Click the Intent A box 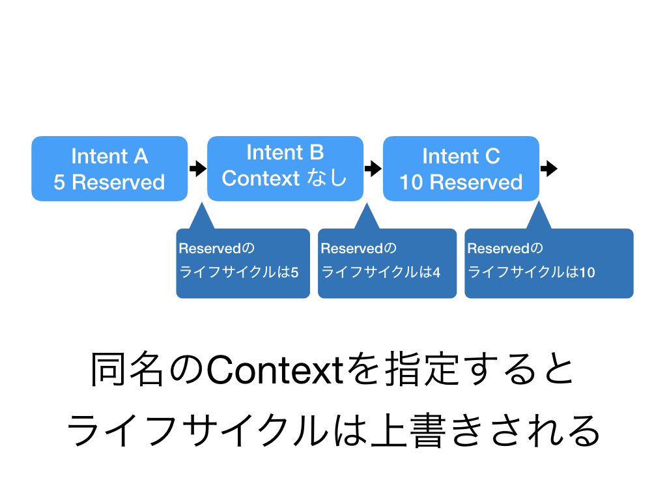pos(109,169)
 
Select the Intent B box pos(285,168)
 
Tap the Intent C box pos(461,169)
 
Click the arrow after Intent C pos(549,169)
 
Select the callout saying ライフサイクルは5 pos(243,264)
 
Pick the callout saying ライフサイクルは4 pos(387,264)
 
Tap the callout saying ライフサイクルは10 pos(548,264)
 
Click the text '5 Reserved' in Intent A pos(109,182)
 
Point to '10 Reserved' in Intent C pos(461,182)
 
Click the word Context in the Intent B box pos(261,178)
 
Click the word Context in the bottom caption pos(273,371)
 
